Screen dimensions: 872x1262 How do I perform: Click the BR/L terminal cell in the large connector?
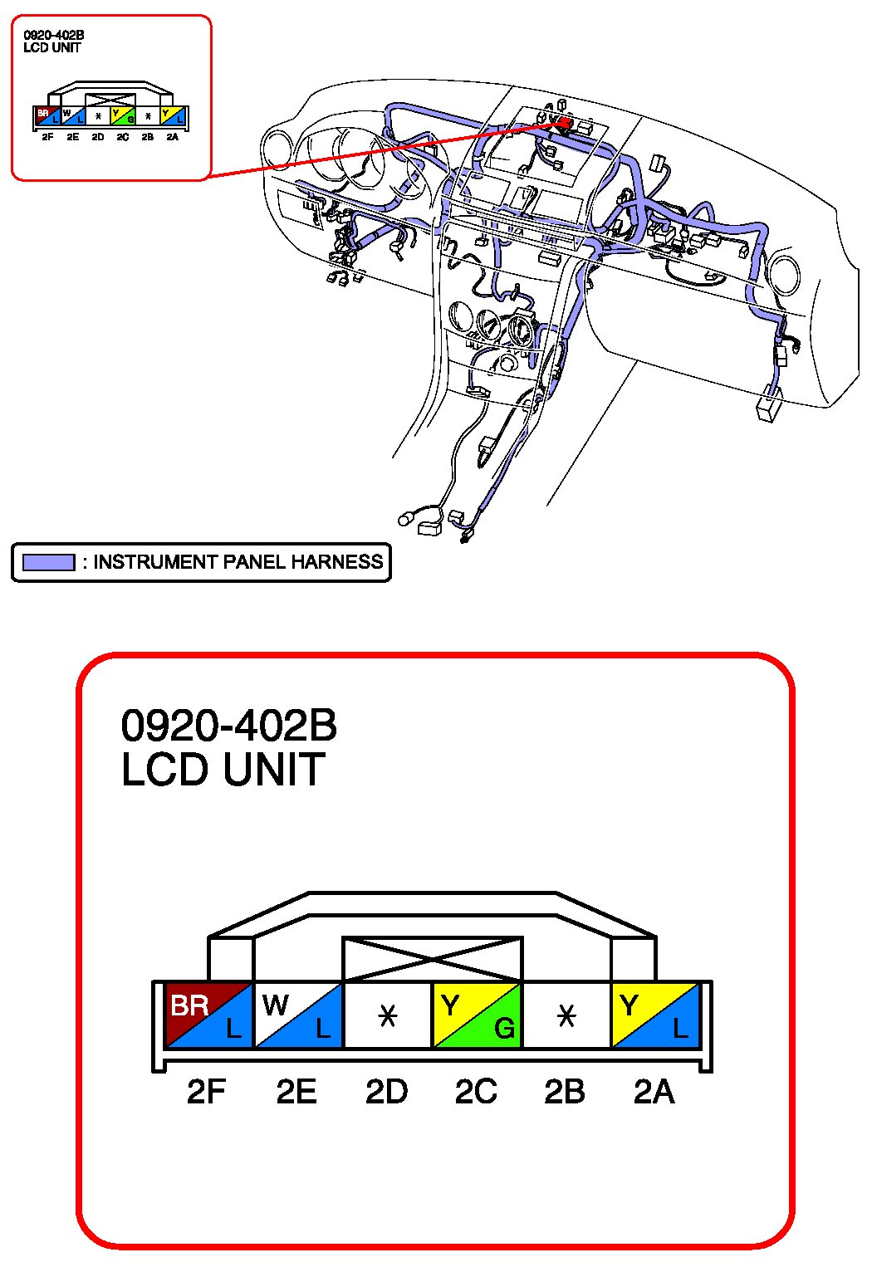tap(208, 1015)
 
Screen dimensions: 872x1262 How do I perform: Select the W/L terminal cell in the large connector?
tap(298, 1015)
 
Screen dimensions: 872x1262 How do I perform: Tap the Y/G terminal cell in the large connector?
tap(477, 1015)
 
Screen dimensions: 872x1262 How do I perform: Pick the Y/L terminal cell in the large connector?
tap(655, 1015)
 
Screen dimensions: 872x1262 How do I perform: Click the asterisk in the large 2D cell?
tap(387, 1015)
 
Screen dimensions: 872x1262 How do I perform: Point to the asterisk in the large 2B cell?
tap(566, 1015)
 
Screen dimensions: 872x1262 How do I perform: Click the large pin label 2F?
tap(206, 1091)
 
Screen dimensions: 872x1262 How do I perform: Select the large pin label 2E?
tap(296, 1091)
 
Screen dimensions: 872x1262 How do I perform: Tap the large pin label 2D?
tap(386, 1091)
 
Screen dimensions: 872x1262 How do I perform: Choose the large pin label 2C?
tap(476, 1091)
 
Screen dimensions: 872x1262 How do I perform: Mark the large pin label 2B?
tap(564, 1091)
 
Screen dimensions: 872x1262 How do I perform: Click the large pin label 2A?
tap(654, 1091)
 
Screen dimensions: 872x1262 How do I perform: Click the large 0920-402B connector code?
tap(229, 725)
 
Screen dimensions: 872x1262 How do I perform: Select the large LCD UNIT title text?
tap(223, 769)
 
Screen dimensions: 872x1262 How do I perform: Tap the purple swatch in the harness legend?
tap(48, 562)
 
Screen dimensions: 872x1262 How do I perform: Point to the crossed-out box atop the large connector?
tap(433, 959)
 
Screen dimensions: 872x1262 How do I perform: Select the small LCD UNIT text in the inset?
tap(51, 48)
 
